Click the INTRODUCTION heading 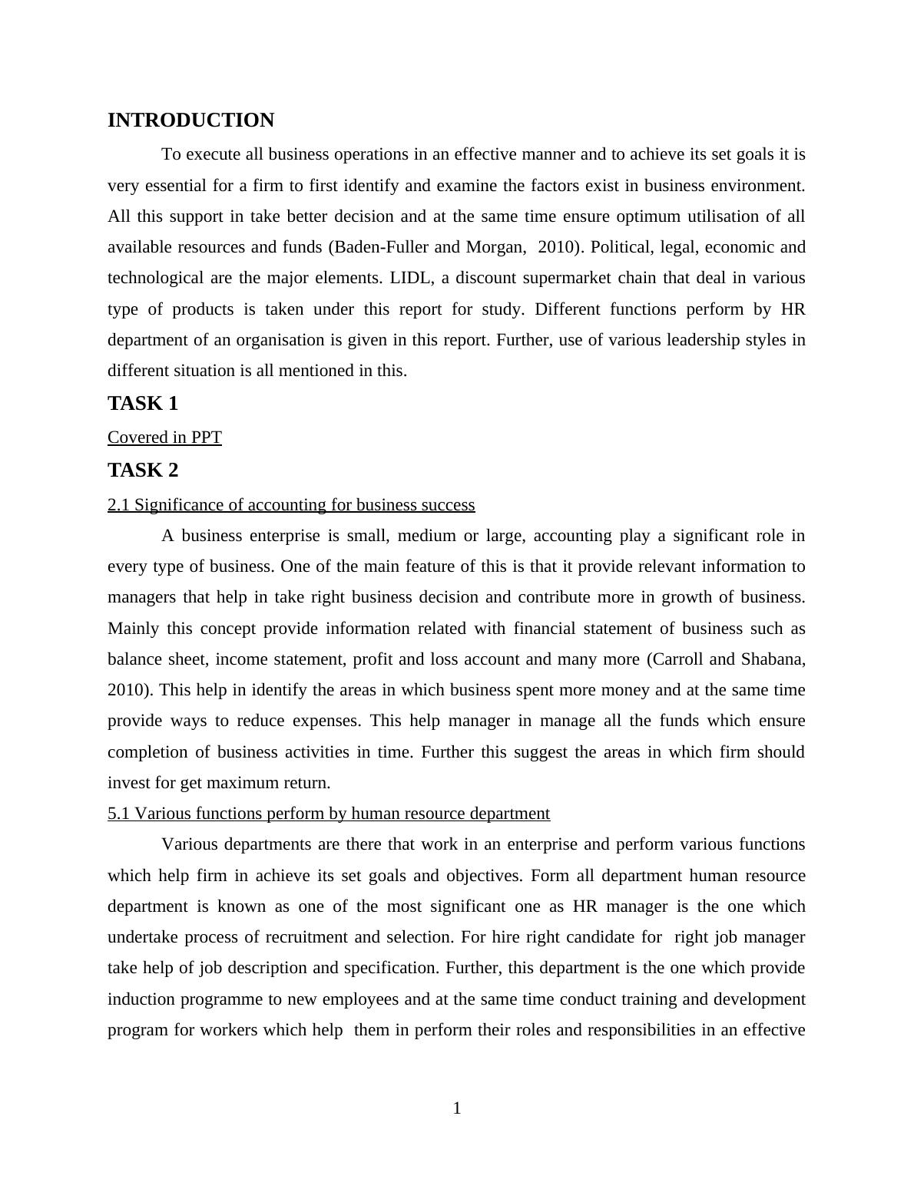pyautogui.click(x=190, y=121)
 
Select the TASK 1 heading pyautogui.click(x=142, y=403)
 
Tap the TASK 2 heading pyautogui.click(x=142, y=470)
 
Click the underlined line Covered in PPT pyautogui.click(x=164, y=437)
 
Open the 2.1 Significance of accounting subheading pyautogui.click(x=291, y=505)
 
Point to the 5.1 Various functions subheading pyautogui.click(x=329, y=814)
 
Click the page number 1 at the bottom pyautogui.click(x=457, y=1108)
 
